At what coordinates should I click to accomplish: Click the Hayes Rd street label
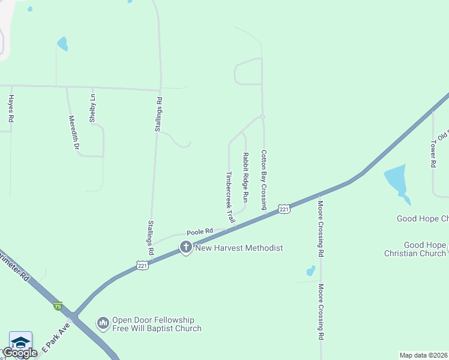(11, 109)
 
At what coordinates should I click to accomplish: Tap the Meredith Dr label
(74, 132)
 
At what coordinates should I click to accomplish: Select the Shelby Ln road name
(92, 108)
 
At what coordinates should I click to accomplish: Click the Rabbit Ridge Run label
(246, 176)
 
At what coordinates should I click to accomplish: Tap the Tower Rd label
(432, 154)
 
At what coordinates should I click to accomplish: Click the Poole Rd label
(200, 231)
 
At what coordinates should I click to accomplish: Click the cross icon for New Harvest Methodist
(186, 247)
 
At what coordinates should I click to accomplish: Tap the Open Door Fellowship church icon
(103, 323)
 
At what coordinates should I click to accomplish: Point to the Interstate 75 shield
(58, 306)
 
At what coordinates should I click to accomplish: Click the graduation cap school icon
(20, 341)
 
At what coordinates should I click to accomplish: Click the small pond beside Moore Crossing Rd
(310, 271)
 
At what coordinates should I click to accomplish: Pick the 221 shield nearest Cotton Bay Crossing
(285, 209)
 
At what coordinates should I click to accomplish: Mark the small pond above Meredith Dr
(62, 43)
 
